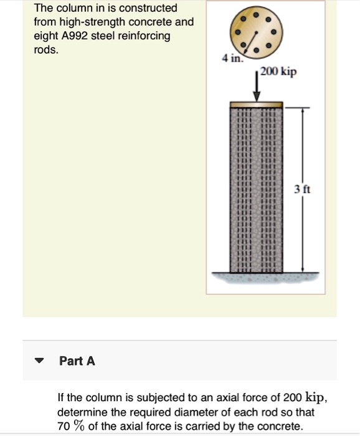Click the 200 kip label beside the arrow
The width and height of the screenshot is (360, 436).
(278, 72)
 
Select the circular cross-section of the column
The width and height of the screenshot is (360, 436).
(256, 29)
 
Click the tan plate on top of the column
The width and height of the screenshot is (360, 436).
(256, 105)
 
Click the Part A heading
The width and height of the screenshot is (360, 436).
(77, 361)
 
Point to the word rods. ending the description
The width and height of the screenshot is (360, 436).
(46, 50)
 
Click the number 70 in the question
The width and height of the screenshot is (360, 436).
(63, 426)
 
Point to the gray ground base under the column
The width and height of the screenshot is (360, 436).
(256, 277)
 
